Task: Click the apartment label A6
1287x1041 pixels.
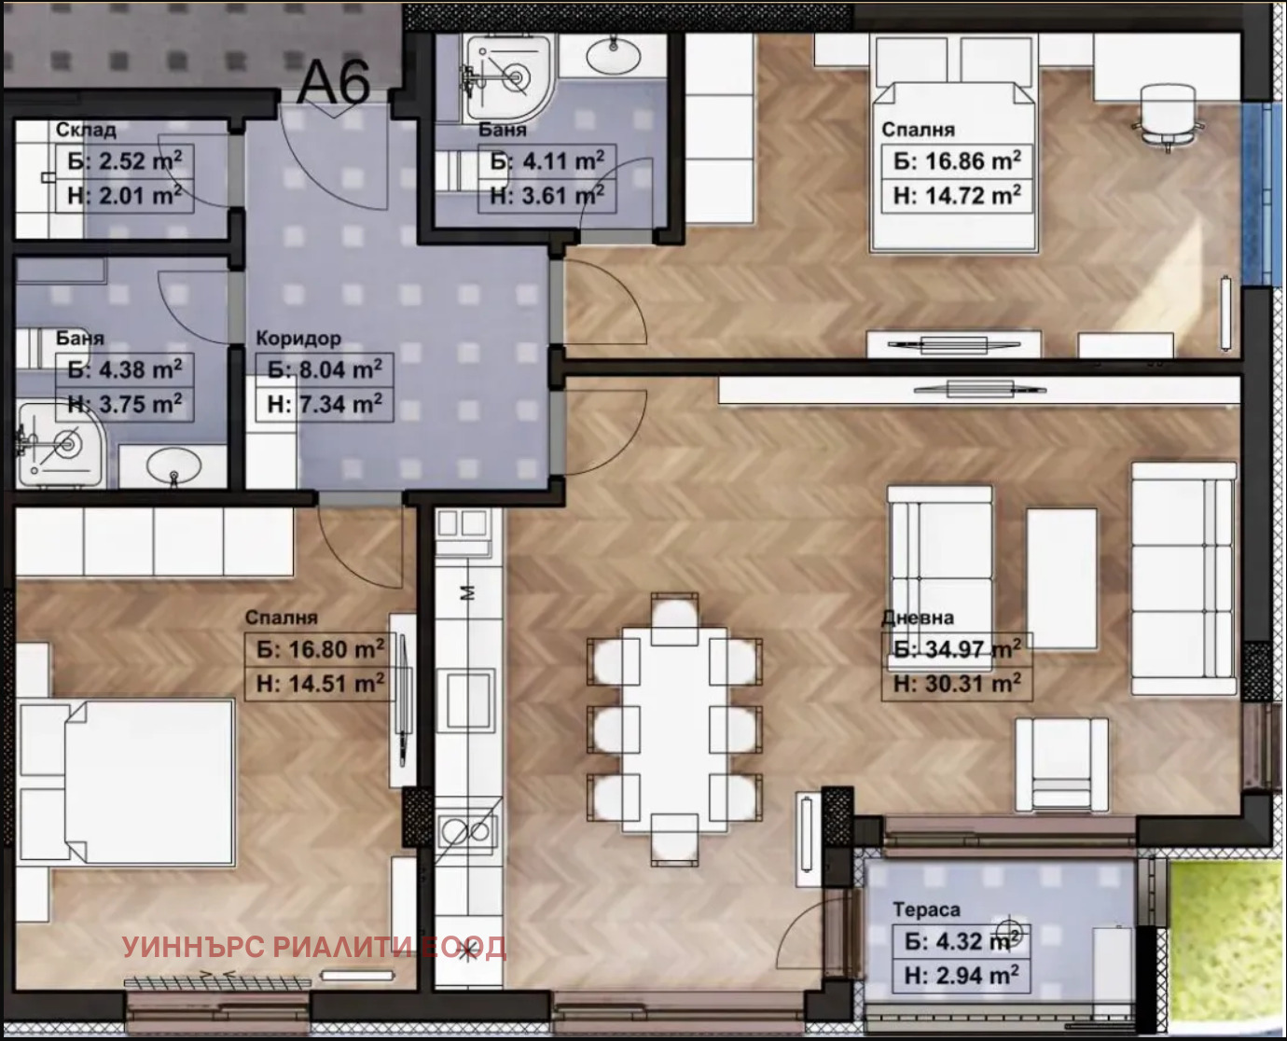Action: click(333, 82)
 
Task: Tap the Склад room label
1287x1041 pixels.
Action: click(86, 130)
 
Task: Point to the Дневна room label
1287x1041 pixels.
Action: click(918, 618)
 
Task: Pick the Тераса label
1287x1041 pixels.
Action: click(926, 909)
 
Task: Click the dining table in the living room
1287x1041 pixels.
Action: click(674, 729)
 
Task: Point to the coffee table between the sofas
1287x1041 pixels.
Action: click(1061, 578)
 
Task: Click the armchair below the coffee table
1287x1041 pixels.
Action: click(1061, 767)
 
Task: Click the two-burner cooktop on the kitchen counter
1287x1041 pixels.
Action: click(465, 829)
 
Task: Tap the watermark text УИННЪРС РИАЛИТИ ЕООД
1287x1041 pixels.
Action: click(314, 948)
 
